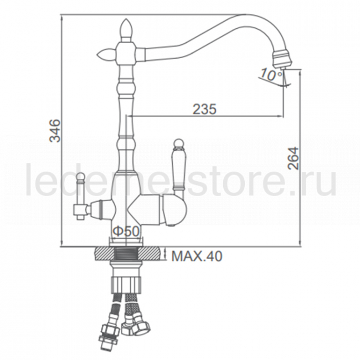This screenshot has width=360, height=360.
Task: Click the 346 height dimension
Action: tap(55, 130)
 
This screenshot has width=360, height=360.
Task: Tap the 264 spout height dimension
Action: tap(294, 158)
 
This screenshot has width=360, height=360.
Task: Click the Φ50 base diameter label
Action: tap(126, 231)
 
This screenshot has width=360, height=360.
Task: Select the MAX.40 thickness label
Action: tap(197, 256)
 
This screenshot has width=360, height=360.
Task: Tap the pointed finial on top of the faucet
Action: tap(126, 30)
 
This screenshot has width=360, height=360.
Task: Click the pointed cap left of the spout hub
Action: tap(106, 54)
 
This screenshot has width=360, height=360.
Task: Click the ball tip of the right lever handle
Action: tap(178, 143)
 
